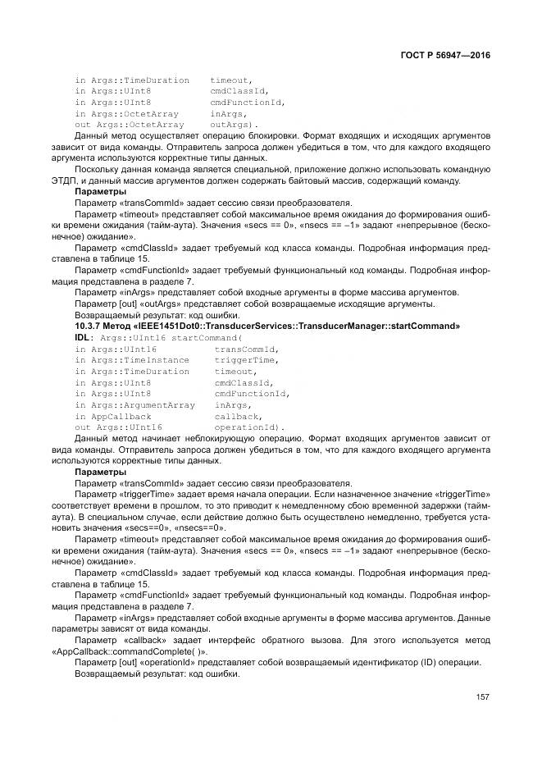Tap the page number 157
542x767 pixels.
482,698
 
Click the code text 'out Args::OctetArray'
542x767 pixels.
129,125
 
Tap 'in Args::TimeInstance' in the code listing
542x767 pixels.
132,360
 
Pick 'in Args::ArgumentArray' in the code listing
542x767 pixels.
134,404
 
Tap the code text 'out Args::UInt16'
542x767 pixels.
118,427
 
